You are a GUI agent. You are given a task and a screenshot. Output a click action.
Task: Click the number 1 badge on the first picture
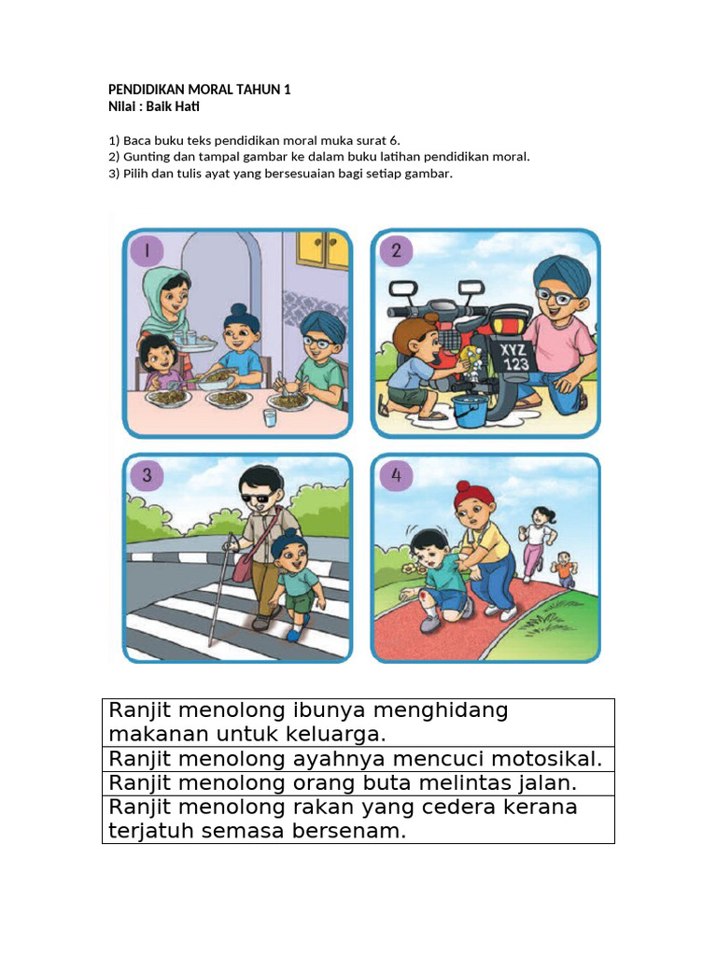147,250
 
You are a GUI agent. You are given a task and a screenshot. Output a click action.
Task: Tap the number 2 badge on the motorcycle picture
396,250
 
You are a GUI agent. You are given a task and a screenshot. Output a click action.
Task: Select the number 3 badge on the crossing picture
147,475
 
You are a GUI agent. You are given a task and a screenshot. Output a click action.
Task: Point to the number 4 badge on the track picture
396,475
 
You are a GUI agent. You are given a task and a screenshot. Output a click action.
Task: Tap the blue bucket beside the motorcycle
470,410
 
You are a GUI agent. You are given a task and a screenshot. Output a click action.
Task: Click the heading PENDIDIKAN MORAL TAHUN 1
200,90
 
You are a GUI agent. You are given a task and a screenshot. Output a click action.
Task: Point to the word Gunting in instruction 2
144,157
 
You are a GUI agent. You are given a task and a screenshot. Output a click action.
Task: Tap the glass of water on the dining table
270,418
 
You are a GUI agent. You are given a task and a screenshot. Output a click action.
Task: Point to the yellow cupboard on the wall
322,249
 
